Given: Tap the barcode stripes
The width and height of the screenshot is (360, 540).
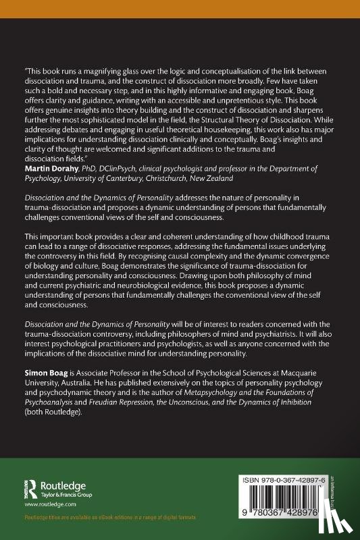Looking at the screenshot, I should (x=282, y=496).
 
